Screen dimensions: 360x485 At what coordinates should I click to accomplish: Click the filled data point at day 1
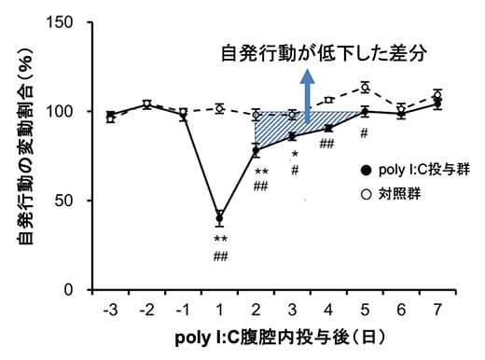tap(219, 218)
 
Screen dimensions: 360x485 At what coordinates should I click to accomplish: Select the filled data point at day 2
tap(256, 150)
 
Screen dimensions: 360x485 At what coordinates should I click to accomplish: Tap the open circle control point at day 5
tap(366, 88)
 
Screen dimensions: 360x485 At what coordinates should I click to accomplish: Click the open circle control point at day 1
tap(219, 108)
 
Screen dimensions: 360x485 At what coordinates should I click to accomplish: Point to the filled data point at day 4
tap(328, 128)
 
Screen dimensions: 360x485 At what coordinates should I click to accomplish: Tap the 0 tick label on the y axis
tap(76, 290)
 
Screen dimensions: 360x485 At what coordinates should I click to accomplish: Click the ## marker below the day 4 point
tap(327, 144)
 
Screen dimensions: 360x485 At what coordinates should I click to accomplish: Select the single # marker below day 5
tap(364, 132)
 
